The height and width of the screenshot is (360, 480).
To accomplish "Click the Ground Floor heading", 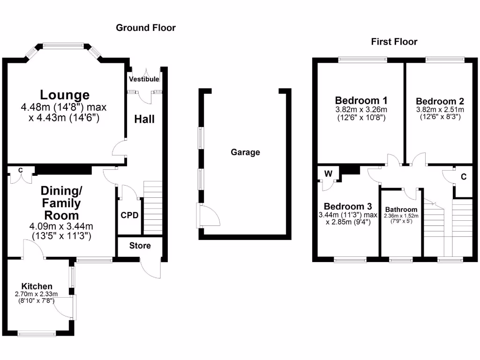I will (x=146, y=28).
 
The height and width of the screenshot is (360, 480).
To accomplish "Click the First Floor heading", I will (x=394, y=42).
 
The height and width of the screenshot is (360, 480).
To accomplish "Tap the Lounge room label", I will (x=64, y=95).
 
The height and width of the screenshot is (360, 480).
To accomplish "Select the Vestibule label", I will (x=144, y=79).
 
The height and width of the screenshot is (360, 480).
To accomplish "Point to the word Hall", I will (x=144, y=119).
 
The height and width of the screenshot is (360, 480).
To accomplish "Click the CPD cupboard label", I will (x=129, y=216).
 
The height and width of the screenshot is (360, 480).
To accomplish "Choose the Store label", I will (x=140, y=246).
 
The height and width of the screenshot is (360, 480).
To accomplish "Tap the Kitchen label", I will (x=37, y=286).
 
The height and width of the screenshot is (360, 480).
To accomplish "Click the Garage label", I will (x=245, y=152).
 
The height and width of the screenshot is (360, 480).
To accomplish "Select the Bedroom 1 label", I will (x=360, y=100).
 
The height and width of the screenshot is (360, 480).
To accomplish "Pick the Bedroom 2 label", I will (x=440, y=101).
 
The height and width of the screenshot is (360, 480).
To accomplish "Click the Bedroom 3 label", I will (x=348, y=207).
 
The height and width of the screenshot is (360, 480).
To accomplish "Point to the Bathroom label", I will (x=401, y=210).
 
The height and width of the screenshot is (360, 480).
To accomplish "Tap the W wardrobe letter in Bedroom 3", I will (x=329, y=174).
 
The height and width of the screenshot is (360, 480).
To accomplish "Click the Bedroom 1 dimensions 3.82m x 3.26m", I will (x=361, y=110).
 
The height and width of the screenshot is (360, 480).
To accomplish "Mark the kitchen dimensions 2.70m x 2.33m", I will (x=36, y=294).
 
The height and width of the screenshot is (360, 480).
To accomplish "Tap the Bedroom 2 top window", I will (x=445, y=60).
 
